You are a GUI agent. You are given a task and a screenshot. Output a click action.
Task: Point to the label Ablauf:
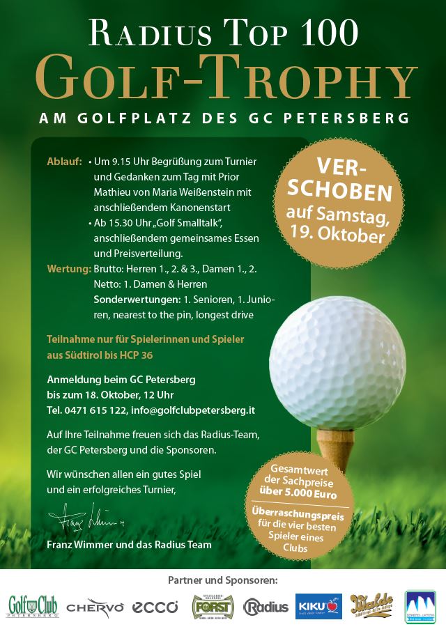tap(65, 162)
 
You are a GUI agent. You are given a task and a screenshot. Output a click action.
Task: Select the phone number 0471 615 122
tap(99, 410)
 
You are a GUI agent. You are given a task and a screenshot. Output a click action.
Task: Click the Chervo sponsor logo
tap(95, 607)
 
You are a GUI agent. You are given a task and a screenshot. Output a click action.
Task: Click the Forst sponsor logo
tap(213, 605)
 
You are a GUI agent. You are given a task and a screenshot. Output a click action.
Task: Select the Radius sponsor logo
tap(266, 607)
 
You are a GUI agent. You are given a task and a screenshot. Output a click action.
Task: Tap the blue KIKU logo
tap(318, 605)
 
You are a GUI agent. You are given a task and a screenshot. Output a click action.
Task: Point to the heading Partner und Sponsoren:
tap(223, 580)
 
